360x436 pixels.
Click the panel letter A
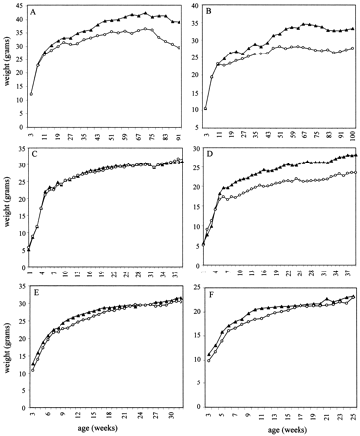point(37,15)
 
